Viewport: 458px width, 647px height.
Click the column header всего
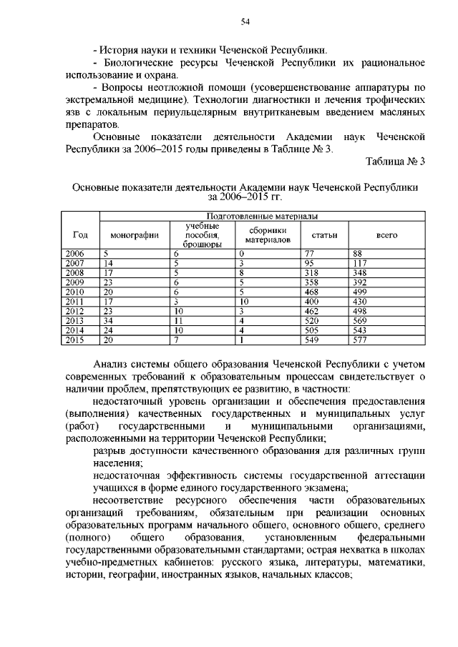click(387, 235)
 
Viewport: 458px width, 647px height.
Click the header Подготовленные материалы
click(262, 215)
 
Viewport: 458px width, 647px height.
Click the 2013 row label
click(74, 322)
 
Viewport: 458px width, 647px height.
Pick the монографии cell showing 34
click(108, 322)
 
